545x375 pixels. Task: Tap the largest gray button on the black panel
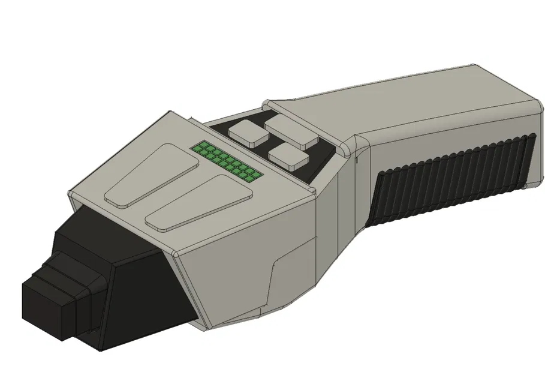[x=292, y=132]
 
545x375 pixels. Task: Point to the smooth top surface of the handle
[x=420, y=102]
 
